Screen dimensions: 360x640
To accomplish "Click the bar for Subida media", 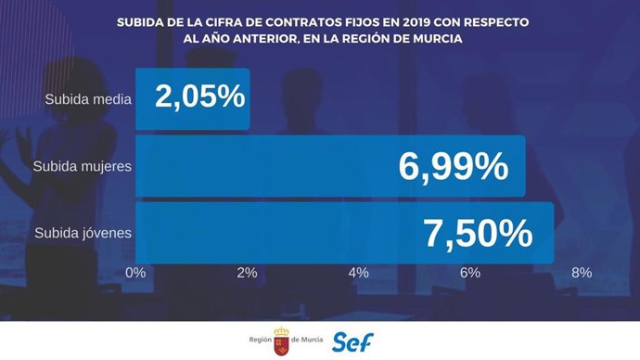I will pyautogui.click(x=193, y=99).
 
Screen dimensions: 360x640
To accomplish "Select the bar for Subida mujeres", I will pyautogui.click(x=330, y=166).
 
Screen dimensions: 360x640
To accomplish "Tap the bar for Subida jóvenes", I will pyautogui.click(x=344, y=232).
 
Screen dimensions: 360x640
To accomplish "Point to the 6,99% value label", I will pyautogui.click(x=453, y=167).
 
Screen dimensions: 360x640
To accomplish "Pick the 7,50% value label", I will pyautogui.click(x=478, y=233).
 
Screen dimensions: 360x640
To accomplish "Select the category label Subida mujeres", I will pyautogui.click(x=82, y=166).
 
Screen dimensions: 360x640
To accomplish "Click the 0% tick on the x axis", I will pyautogui.click(x=136, y=273).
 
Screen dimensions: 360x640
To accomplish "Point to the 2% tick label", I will pyautogui.click(x=248, y=273).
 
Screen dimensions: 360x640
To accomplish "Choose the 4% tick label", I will pyautogui.click(x=359, y=273).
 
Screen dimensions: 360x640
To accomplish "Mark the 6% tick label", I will pyautogui.click(x=470, y=273).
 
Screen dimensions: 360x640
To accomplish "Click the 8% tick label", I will pyautogui.click(x=582, y=273).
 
